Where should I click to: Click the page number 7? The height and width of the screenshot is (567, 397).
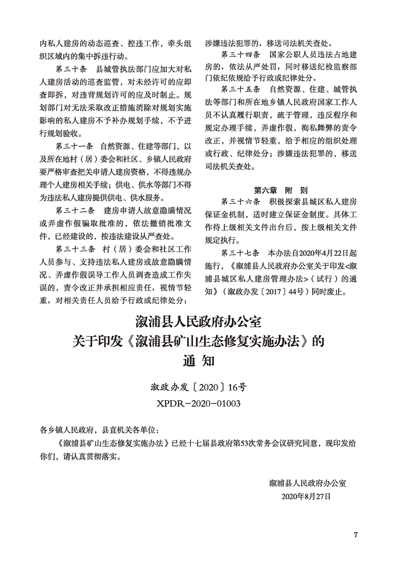pyautogui.click(x=356, y=535)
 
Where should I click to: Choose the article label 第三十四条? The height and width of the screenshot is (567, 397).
pyautogui.click(x=240, y=55)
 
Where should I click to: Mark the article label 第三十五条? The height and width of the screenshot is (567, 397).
pyautogui.click(x=240, y=88)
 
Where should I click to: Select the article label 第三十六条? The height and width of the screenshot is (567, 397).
pyautogui.click(x=240, y=202)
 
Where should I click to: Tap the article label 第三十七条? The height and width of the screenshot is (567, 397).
pyautogui.click(x=240, y=253)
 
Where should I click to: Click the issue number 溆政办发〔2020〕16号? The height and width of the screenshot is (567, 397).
pyautogui.click(x=198, y=387)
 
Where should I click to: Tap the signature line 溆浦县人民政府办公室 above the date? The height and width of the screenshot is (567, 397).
pyautogui.click(x=308, y=482)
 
